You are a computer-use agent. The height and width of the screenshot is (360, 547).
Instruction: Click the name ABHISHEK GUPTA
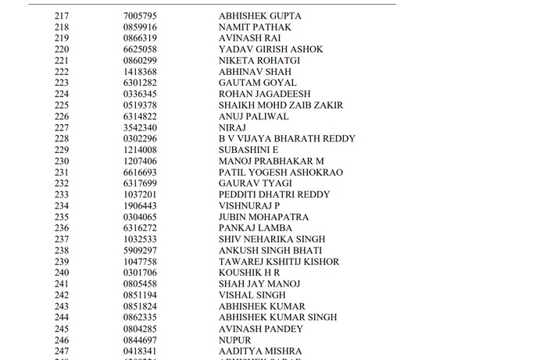point(260,16)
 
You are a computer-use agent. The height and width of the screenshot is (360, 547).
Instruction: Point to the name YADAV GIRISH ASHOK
point(270,50)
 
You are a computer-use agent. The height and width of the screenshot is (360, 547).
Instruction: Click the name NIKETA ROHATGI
point(259,61)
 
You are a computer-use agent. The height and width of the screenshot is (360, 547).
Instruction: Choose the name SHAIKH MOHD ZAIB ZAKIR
point(281,105)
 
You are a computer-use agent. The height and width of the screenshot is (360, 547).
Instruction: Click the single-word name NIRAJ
point(233,128)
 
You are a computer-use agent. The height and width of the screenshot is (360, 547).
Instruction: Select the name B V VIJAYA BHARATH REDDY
point(287,139)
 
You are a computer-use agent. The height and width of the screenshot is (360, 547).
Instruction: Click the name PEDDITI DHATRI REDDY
point(274,194)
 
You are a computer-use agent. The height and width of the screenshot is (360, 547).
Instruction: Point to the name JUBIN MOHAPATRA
point(263,217)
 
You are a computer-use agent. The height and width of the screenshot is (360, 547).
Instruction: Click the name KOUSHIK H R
point(249,273)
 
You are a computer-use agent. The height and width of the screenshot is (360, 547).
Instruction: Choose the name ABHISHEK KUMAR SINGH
point(277,318)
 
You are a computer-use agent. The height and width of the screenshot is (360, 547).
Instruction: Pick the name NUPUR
point(235,340)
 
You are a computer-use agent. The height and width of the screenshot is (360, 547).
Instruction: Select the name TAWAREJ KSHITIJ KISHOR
point(279,262)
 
